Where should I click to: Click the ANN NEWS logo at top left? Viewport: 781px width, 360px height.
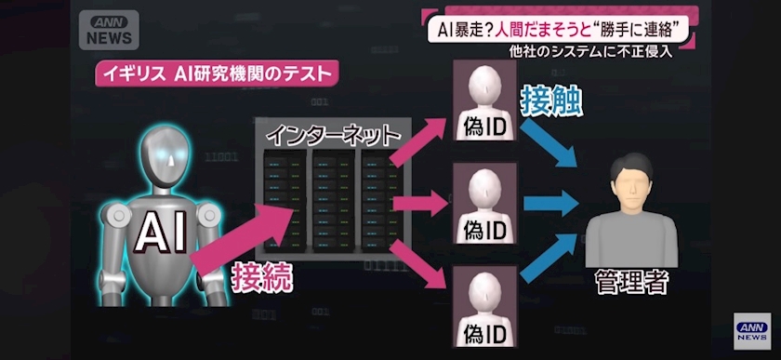click(x=109, y=30)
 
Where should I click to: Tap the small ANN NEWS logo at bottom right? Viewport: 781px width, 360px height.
click(x=752, y=331)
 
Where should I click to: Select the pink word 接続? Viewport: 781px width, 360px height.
click(x=261, y=278)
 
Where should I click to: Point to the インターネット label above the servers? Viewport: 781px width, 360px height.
click(x=333, y=135)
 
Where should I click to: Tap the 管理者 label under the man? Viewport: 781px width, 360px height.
click(x=631, y=282)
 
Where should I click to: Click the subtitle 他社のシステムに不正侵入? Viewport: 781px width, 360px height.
click(x=590, y=51)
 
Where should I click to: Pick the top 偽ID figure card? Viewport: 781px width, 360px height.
click(x=484, y=100)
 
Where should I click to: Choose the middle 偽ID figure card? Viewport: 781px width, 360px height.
click(x=484, y=203)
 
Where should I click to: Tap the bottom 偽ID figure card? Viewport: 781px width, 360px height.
click(x=484, y=306)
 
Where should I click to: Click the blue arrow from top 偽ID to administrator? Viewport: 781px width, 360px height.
click(x=548, y=143)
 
